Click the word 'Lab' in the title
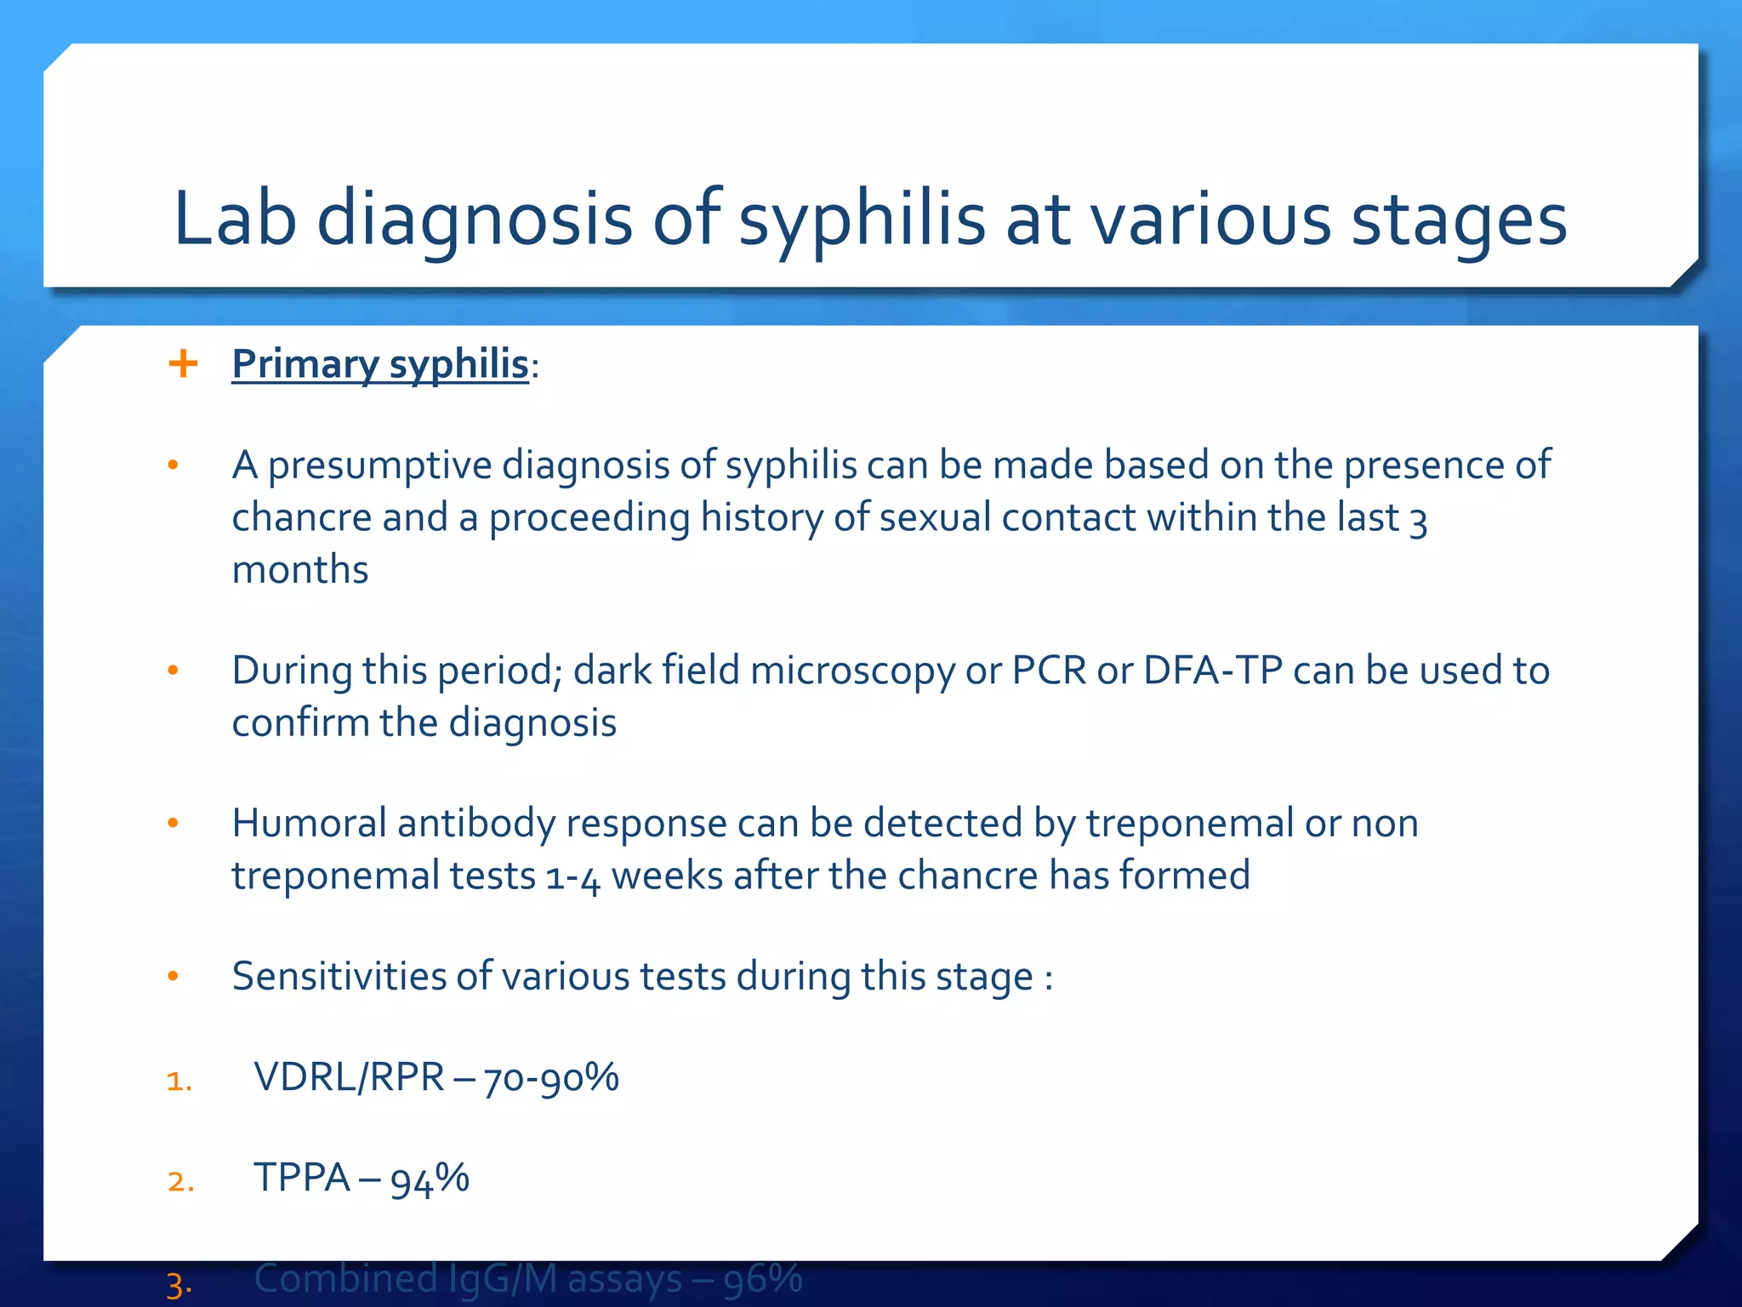(x=234, y=219)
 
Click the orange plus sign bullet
(x=183, y=364)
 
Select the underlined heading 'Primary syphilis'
(x=380, y=364)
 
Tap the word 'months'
(x=300, y=570)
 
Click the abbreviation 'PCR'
(x=1049, y=671)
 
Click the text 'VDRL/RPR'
(x=349, y=1078)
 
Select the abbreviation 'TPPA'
(x=302, y=1179)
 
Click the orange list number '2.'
(x=180, y=1182)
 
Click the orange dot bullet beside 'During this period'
(x=174, y=671)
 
